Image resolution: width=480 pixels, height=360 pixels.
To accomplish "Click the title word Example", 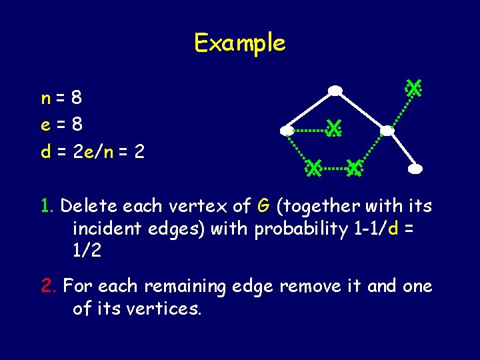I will tap(239, 43).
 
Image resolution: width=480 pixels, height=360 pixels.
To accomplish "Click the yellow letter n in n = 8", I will tap(45, 99).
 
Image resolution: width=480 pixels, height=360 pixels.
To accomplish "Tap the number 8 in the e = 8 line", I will tap(77, 125).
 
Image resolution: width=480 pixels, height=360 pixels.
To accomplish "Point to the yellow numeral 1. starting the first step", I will tap(45, 205).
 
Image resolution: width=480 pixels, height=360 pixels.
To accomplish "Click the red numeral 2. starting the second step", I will tap(48, 286).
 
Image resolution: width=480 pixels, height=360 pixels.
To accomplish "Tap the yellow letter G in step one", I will tap(263, 205).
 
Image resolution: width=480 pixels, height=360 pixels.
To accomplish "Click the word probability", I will tap(293, 229).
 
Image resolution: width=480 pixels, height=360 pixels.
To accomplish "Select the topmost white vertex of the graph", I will tap(335, 90).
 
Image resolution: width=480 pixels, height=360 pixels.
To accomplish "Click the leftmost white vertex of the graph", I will tap(287, 130).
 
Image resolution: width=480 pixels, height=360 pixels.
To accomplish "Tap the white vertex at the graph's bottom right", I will tap(415, 169).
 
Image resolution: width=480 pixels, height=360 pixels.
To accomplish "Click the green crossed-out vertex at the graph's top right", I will tap(414, 88).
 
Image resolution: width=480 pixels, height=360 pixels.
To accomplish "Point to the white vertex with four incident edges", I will tap(387, 131).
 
